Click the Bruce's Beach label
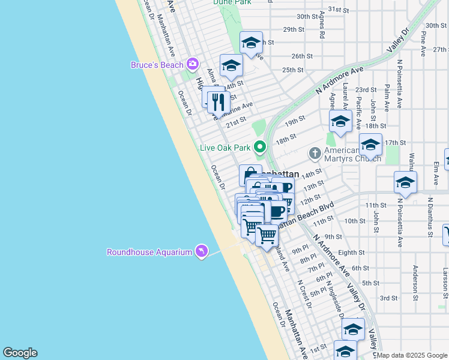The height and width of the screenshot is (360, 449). [157, 64]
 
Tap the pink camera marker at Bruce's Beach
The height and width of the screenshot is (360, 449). [193, 63]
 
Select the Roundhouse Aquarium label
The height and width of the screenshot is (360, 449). [149, 252]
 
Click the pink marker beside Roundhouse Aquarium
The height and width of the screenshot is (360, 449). [201, 251]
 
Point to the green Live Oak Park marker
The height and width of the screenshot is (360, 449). [260, 146]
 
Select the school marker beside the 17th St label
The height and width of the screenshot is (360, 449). [370, 145]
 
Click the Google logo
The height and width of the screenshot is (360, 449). [20, 353]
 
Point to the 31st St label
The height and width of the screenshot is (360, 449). [339, 10]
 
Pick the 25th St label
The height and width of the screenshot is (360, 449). [292, 70]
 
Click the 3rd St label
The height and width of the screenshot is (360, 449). [388, 298]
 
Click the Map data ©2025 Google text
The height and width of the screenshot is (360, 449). [412, 355]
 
